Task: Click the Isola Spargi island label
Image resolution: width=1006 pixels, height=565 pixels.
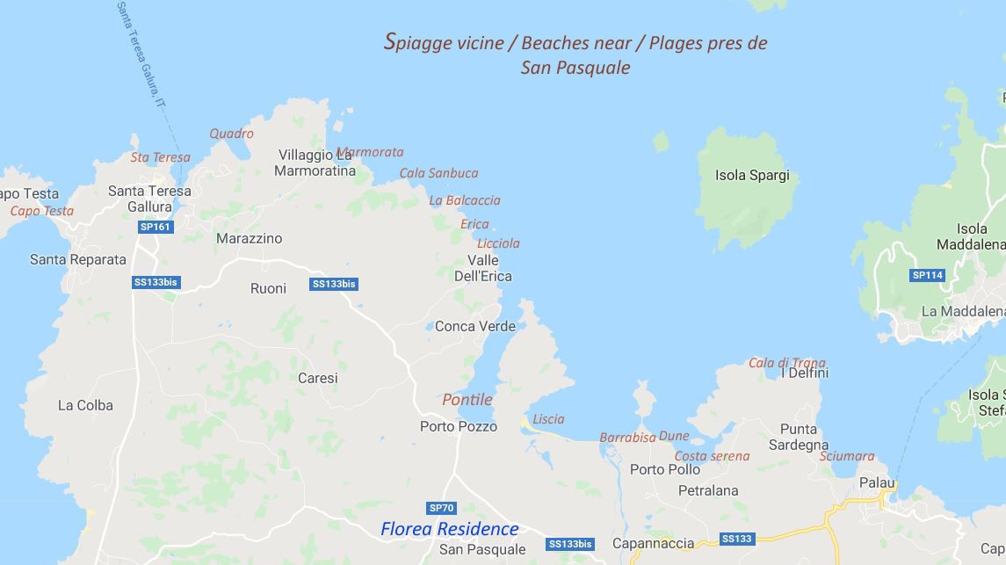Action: [x=752, y=176]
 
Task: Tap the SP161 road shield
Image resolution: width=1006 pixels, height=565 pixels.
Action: [x=156, y=227]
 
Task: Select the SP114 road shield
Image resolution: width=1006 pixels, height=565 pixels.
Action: [x=927, y=275]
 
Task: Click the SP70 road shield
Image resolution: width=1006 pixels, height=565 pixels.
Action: [x=441, y=508]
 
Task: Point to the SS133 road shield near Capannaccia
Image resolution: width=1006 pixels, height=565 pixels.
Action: [x=736, y=539]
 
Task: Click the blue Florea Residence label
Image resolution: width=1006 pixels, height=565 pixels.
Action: [x=449, y=529]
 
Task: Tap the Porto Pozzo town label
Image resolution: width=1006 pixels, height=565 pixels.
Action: [x=458, y=427]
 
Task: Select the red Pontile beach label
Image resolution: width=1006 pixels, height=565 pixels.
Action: [x=467, y=400]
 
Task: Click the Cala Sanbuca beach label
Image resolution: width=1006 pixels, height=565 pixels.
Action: [x=438, y=173]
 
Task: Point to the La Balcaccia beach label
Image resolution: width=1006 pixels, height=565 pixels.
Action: [x=464, y=200]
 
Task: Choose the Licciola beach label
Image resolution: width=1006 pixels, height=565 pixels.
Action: [x=498, y=243]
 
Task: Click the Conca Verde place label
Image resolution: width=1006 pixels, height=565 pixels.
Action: [x=475, y=326]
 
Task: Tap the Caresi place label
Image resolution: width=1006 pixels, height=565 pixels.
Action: [x=317, y=379]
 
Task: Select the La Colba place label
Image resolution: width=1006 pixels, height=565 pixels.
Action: [x=85, y=405]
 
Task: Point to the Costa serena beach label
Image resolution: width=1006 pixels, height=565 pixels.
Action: [x=712, y=456]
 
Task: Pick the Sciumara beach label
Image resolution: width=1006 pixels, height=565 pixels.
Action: [x=847, y=456]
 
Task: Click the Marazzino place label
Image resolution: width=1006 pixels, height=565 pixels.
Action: [x=250, y=238]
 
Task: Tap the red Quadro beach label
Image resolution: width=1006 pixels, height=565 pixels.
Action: [x=231, y=134]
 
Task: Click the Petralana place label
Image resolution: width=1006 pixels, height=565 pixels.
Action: [x=708, y=490]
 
